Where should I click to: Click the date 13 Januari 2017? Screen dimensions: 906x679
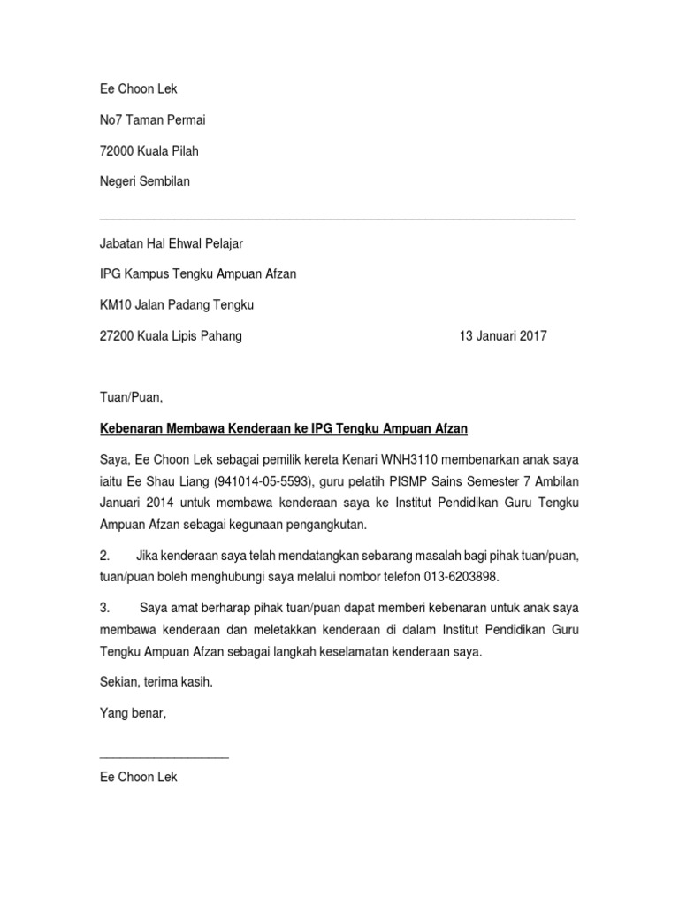(x=503, y=336)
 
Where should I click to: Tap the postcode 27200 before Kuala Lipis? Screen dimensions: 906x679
(x=117, y=336)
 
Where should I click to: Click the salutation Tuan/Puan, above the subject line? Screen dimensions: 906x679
(x=132, y=397)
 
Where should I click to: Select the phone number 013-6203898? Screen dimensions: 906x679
(x=454, y=577)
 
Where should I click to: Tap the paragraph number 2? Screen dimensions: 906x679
(x=105, y=555)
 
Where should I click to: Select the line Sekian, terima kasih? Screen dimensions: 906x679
(x=156, y=683)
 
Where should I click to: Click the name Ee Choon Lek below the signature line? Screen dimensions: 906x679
(x=139, y=777)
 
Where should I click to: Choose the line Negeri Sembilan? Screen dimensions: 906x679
(x=145, y=182)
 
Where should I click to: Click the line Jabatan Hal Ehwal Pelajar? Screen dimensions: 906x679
(x=172, y=243)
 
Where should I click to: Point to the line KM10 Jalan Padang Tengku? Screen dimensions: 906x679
(x=177, y=305)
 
